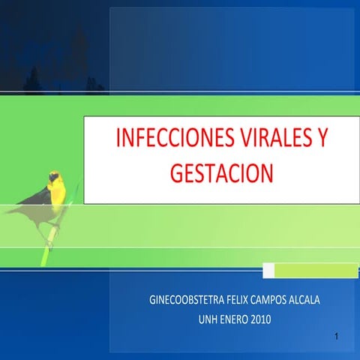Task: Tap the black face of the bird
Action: click(x=54, y=178)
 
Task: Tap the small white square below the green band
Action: click(x=268, y=269)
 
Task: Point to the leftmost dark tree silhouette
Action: click(x=34, y=79)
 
